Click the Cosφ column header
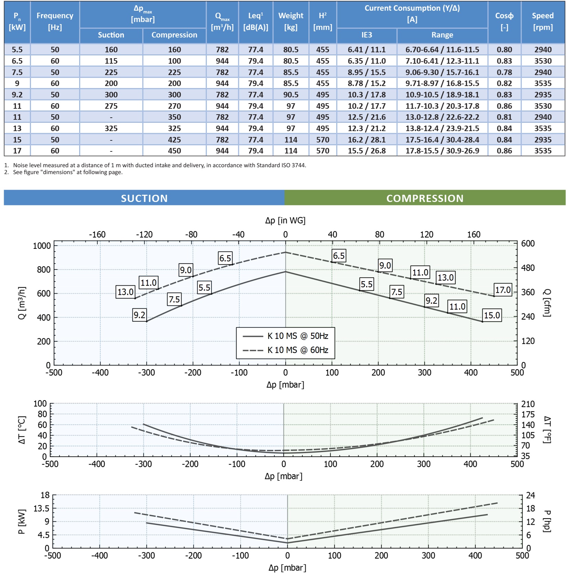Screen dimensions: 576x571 504,21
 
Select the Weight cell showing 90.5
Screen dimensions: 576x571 291,95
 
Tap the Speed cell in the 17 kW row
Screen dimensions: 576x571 543,151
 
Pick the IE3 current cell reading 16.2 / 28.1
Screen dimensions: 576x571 367,140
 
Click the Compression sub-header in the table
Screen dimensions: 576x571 174,35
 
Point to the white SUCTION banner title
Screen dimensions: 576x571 144,198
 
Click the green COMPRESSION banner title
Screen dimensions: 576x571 425,198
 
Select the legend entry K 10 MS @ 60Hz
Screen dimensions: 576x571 298,350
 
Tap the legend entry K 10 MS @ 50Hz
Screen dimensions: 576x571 298,336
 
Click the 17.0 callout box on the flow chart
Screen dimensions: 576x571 503,290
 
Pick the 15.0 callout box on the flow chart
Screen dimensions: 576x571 492,315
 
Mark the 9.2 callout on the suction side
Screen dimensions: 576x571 139,315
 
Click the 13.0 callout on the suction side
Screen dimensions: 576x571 125,292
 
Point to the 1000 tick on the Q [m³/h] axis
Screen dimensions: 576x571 42,246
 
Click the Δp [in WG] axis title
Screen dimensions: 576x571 285,220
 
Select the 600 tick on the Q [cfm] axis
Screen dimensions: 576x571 528,244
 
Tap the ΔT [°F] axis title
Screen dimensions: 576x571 547,430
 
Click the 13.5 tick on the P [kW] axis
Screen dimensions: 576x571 41,508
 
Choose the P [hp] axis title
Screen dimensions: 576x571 547,521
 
